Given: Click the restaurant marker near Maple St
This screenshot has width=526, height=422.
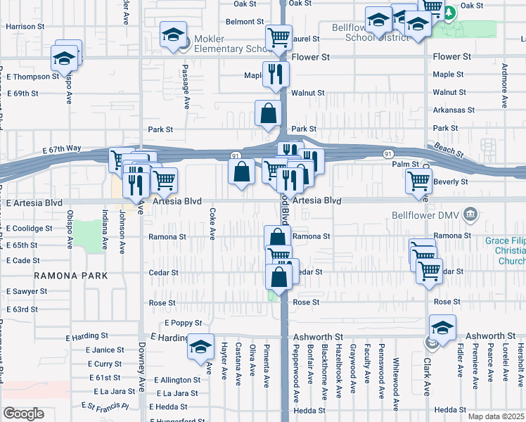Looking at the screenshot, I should [276, 73].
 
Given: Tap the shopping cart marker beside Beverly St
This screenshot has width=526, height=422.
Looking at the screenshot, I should [419, 181].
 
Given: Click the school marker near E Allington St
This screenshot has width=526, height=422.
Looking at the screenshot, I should [200, 347].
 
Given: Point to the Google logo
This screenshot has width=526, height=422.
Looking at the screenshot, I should [23, 414].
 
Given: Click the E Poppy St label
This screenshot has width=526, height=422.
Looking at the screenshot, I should [183, 323].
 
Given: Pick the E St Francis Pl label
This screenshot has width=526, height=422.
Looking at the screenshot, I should [105, 406].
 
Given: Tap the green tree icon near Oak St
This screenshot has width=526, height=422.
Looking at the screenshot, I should [448, 11].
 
